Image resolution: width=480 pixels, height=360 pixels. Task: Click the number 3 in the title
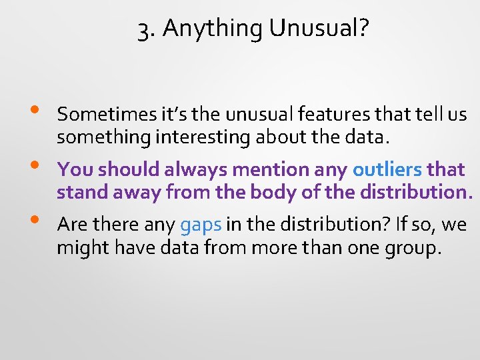click(143, 30)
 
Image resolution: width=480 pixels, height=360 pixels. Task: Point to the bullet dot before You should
click(34, 165)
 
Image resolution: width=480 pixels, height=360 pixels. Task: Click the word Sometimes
click(99, 115)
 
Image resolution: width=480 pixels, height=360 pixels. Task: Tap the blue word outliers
click(387, 169)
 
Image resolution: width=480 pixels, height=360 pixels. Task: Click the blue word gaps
click(201, 225)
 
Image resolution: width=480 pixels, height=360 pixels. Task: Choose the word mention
click(275, 169)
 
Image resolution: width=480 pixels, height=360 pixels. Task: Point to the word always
click(197, 169)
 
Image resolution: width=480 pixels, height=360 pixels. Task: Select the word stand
click(79, 193)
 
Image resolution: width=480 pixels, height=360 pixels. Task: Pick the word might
click(77, 248)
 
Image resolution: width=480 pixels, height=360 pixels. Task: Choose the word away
click(129, 193)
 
